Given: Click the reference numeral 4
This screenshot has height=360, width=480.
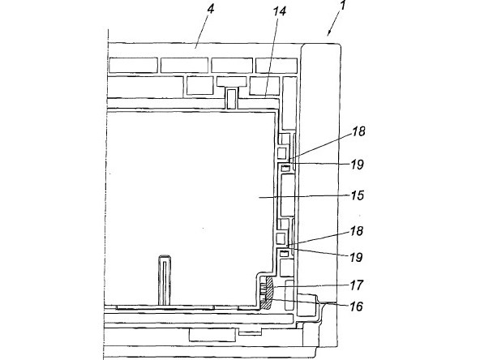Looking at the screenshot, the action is point(210,9).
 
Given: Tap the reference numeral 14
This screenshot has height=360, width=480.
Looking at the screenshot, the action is point(280,11).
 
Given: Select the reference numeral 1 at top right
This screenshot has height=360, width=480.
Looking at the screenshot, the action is point(343,5).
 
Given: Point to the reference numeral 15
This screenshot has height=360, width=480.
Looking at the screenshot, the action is point(358,195).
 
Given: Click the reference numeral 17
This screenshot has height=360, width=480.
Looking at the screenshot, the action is point(357,285).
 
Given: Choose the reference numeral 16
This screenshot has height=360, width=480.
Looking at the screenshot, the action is point(356,306).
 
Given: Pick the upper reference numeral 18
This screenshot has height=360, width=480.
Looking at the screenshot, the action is point(358,131).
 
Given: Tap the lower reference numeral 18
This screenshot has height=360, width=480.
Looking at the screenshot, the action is point(357,231).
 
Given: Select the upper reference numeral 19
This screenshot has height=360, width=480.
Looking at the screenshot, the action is point(358,165).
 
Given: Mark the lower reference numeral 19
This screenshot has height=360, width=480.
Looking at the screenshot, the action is point(356,258).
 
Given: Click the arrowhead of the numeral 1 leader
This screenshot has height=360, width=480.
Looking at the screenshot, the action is point(329,33).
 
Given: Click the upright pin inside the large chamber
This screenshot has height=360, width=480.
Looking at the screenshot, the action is point(165,280).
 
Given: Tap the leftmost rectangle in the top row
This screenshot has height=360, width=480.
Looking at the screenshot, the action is point(134,65).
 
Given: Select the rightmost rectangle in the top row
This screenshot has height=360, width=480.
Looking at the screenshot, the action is point(276,66).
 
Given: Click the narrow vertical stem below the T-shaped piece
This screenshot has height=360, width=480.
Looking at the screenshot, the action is point(232,99).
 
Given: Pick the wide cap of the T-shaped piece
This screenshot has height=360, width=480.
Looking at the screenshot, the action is point(232,81).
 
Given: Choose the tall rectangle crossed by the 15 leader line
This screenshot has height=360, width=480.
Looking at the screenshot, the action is point(288,195).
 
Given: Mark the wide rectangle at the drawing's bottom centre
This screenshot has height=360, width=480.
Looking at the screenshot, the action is point(213,335).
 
